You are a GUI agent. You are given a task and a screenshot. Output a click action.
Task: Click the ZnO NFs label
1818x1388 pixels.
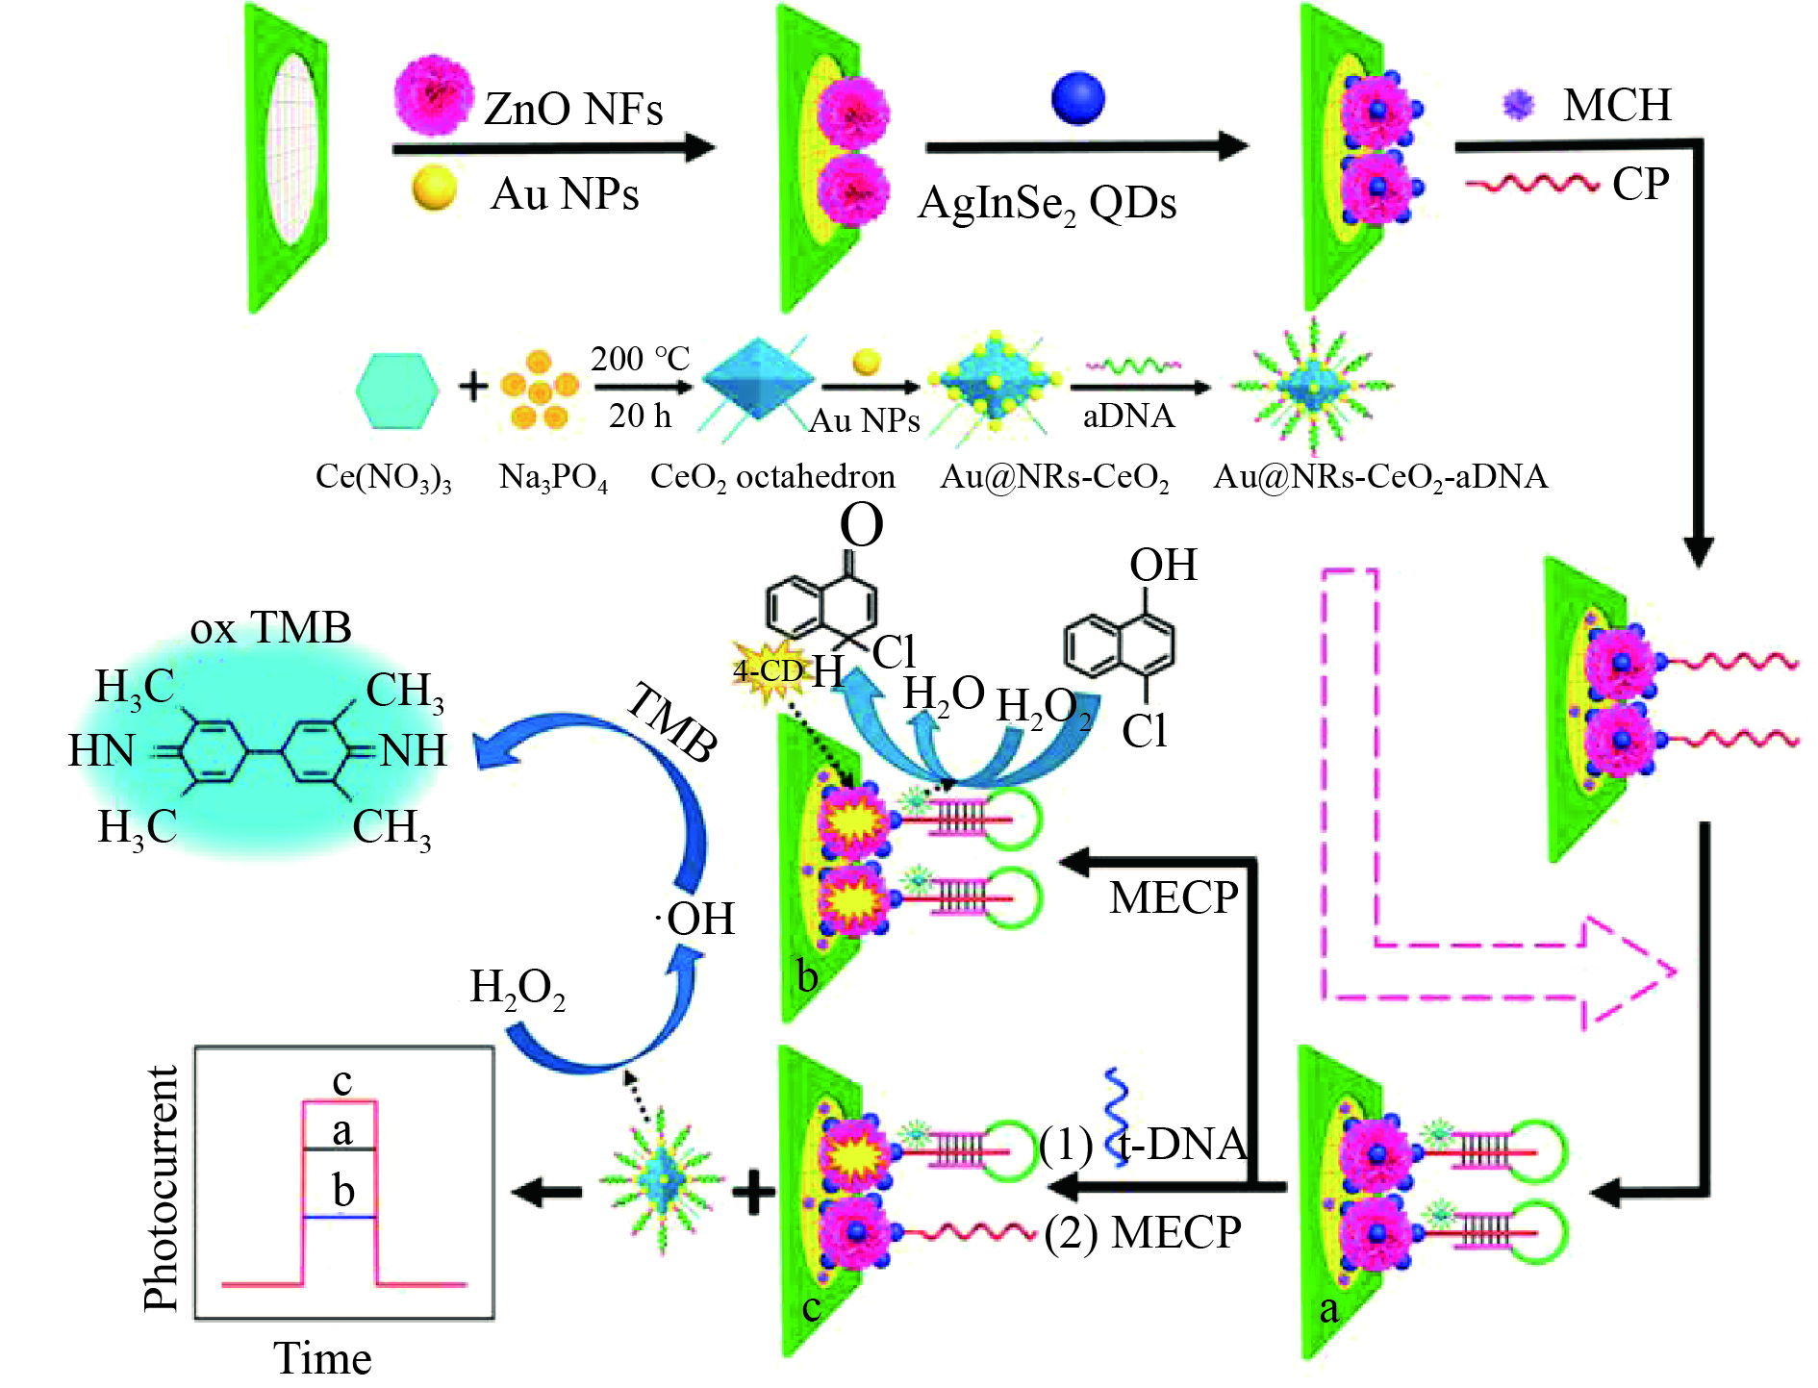[x=573, y=110]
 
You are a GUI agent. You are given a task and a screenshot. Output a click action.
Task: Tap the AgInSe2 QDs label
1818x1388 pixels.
[x=1047, y=204]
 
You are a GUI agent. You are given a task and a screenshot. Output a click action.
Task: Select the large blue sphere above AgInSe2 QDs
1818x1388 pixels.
[x=1077, y=98]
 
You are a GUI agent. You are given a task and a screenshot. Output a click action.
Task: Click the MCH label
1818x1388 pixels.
[x=1617, y=105]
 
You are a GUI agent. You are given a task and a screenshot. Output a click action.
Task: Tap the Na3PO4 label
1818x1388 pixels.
[x=553, y=477]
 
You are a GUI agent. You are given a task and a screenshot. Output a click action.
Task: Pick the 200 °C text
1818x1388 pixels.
[x=640, y=359]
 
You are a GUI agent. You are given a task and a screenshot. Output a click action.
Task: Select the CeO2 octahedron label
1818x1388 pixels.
[x=772, y=476]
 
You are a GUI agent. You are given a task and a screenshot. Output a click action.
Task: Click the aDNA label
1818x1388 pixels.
[x=1128, y=416]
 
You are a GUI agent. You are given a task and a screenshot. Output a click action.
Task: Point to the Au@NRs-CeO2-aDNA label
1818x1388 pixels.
[x=1380, y=476]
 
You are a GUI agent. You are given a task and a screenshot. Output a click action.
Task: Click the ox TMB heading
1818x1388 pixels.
[x=271, y=628]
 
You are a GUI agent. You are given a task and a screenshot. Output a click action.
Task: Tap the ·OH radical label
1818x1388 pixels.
[x=695, y=919]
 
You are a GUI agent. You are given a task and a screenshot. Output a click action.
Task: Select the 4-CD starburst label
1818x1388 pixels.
[x=767, y=670]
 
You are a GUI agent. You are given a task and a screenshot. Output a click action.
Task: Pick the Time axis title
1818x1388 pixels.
[x=322, y=1358]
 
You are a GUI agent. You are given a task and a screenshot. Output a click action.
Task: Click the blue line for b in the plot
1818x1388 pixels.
[x=340, y=1218]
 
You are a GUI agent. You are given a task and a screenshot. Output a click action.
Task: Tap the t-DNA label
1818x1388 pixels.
[x=1183, y=1145]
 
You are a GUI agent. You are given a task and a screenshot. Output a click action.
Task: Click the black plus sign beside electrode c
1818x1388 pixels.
[x=754, y=1193]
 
